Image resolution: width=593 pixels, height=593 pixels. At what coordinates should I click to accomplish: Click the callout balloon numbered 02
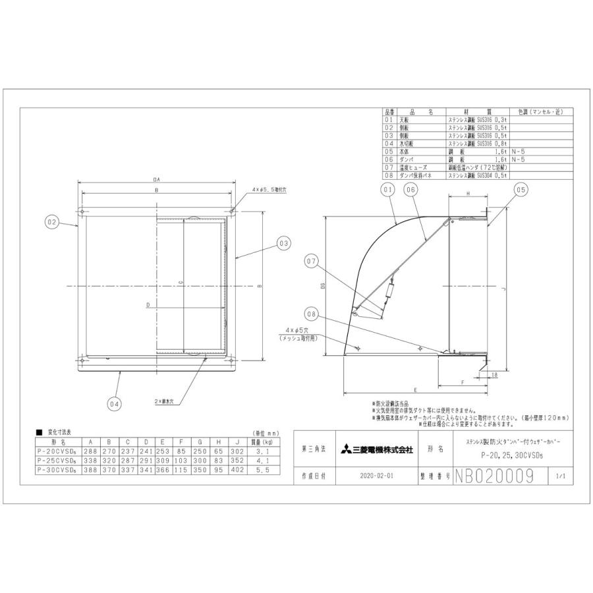tap(53, 222)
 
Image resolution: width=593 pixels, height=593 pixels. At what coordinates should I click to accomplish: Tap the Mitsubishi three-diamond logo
tap(345, 450)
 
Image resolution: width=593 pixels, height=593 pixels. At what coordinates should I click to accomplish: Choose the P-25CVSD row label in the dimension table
tap(58, 462)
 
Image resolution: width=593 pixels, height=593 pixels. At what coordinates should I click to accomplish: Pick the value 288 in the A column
tap(91, 453)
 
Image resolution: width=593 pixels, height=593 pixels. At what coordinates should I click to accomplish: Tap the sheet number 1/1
tap(561, 475)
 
